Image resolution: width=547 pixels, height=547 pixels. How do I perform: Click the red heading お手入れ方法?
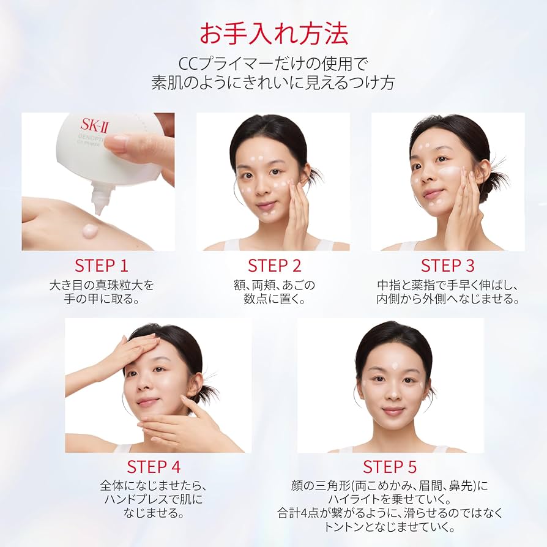coord(273,34)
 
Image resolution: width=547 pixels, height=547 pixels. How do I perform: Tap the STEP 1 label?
coord(102,266)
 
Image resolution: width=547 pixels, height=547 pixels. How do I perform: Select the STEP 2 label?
coord(274,266)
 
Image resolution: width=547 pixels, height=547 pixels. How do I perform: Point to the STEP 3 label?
coord(448,266)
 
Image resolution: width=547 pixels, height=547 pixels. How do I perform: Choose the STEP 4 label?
coord(154,467)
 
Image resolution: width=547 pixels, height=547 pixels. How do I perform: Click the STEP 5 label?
coord(390,467)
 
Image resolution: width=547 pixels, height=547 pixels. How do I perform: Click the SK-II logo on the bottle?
coord(94,125)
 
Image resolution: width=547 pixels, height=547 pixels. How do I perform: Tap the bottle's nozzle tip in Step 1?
coord(99,210)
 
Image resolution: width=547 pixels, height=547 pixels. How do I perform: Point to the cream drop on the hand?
coord(91,229)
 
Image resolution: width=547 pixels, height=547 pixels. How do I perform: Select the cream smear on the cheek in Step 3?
coord(450,172)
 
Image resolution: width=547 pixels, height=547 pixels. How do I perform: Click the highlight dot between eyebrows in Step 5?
coord(395,366)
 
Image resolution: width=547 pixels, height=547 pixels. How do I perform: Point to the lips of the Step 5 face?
coord(393,411)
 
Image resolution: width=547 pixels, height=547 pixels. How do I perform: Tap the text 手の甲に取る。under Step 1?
coord(102,299)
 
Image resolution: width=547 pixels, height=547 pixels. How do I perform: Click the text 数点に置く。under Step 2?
coord(274,299)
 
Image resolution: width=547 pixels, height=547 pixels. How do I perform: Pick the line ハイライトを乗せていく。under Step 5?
coord(390,499)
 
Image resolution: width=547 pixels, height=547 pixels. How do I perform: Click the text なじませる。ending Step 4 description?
coord(154,513)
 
